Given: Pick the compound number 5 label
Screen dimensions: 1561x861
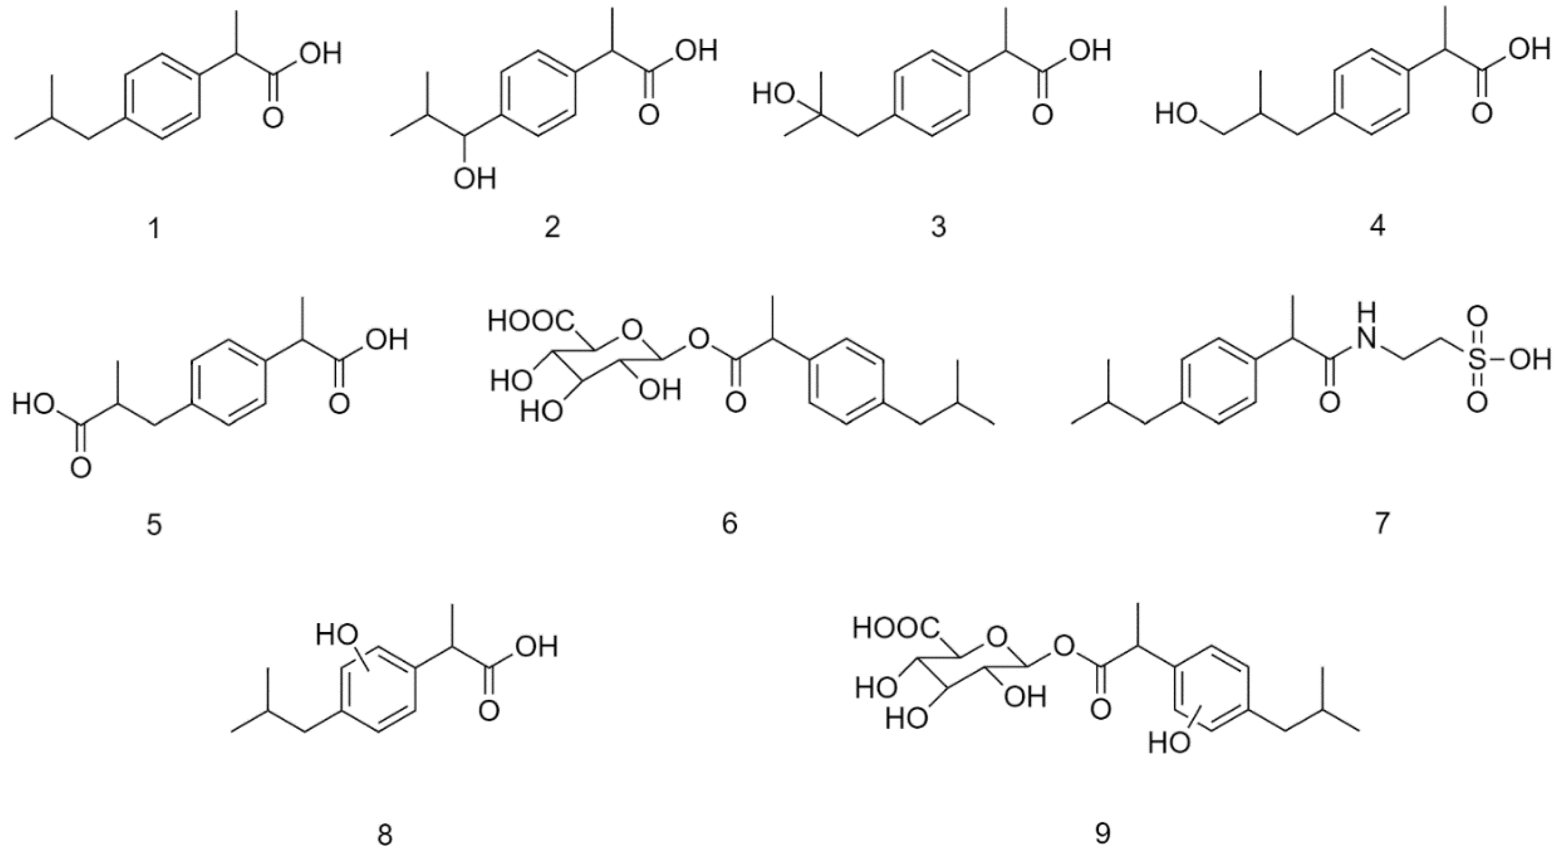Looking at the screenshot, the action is (x=154, y=525).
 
